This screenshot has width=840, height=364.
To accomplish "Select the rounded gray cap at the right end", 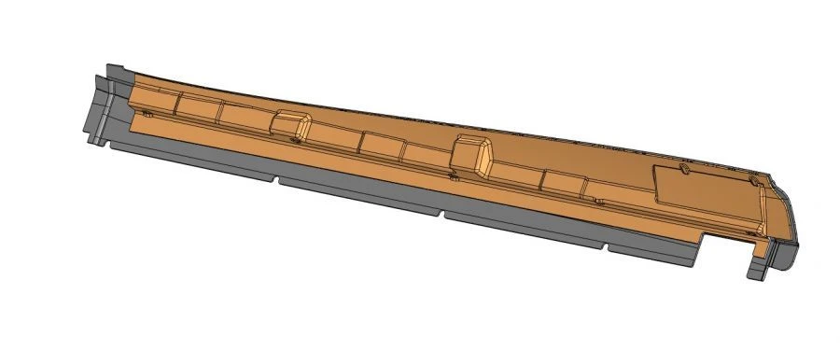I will (x=787, y=224).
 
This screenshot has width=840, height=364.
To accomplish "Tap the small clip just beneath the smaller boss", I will (x=294, y=141).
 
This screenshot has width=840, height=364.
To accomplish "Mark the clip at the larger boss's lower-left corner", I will (x=454, y=175).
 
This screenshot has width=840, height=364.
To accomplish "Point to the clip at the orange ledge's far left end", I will (x=145, y=114).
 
